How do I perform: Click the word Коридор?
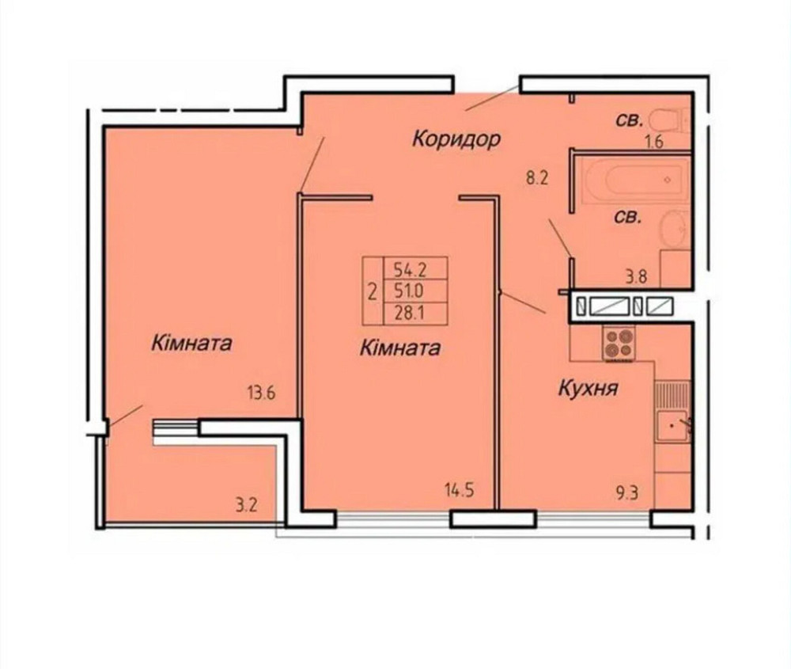coord(456,140)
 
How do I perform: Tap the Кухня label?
coord(588,389)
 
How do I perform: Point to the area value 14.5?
coord(459,490)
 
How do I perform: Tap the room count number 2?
coord(373,291)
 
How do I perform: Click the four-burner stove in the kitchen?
coord(619,344)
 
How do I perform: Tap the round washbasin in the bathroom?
coord(672,230)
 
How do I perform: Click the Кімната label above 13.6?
coord(193,344)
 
